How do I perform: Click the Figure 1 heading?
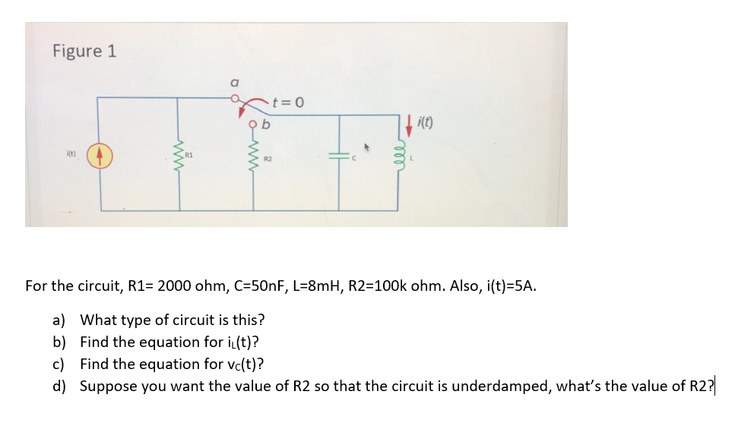84,51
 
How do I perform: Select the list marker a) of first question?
60,320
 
